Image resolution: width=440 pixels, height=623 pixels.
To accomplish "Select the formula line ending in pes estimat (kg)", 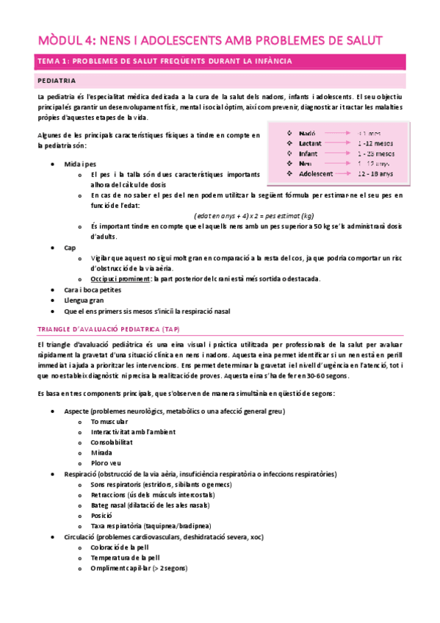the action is pos(254,216).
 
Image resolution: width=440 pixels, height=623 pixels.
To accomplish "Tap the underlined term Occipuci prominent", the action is pos(119,279).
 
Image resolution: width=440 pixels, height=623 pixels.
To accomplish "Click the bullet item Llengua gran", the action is pos(85,300).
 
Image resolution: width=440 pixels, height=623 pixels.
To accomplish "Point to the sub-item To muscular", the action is pos(110,422).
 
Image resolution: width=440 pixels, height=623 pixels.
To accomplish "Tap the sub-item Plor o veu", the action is pos(107,464).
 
